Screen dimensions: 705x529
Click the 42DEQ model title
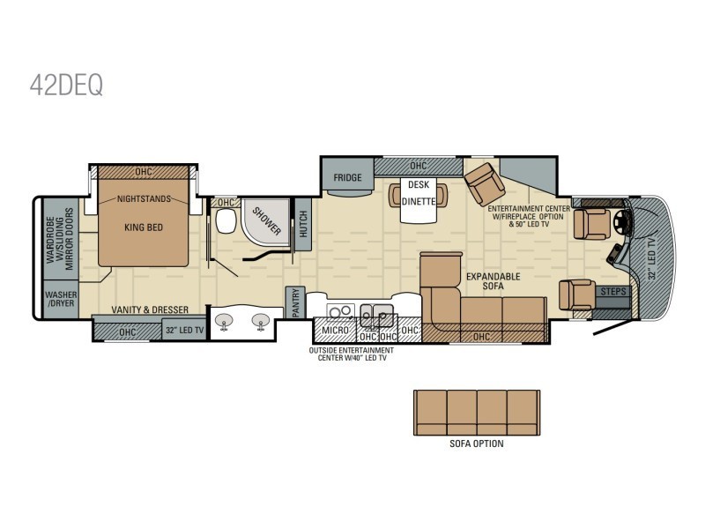tap(67, 85)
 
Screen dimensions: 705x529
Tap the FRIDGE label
tap(347, 178)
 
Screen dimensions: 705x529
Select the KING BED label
tap(144, 227)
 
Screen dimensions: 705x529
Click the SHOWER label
tap(266, 221)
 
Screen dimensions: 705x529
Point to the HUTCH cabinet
tap(303, 224)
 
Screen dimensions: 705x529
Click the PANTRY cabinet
tap(295, 302)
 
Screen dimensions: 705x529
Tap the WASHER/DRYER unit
tap(61, 299)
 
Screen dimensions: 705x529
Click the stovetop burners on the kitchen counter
tap(340, 311)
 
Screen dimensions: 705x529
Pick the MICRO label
tap(336, 331)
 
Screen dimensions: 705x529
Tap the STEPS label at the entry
tap(613, 292)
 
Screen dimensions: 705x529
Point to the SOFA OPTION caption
tap(477, 444)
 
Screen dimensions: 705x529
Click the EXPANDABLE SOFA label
tap(493, 281)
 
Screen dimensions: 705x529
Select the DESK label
tap(419, 184)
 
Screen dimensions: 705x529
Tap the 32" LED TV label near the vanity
tap(185, 330)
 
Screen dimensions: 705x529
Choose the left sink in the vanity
tap(225, 321)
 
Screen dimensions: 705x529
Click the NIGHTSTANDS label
tap(144, 199)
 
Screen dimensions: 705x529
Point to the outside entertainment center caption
tap(352, 354)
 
